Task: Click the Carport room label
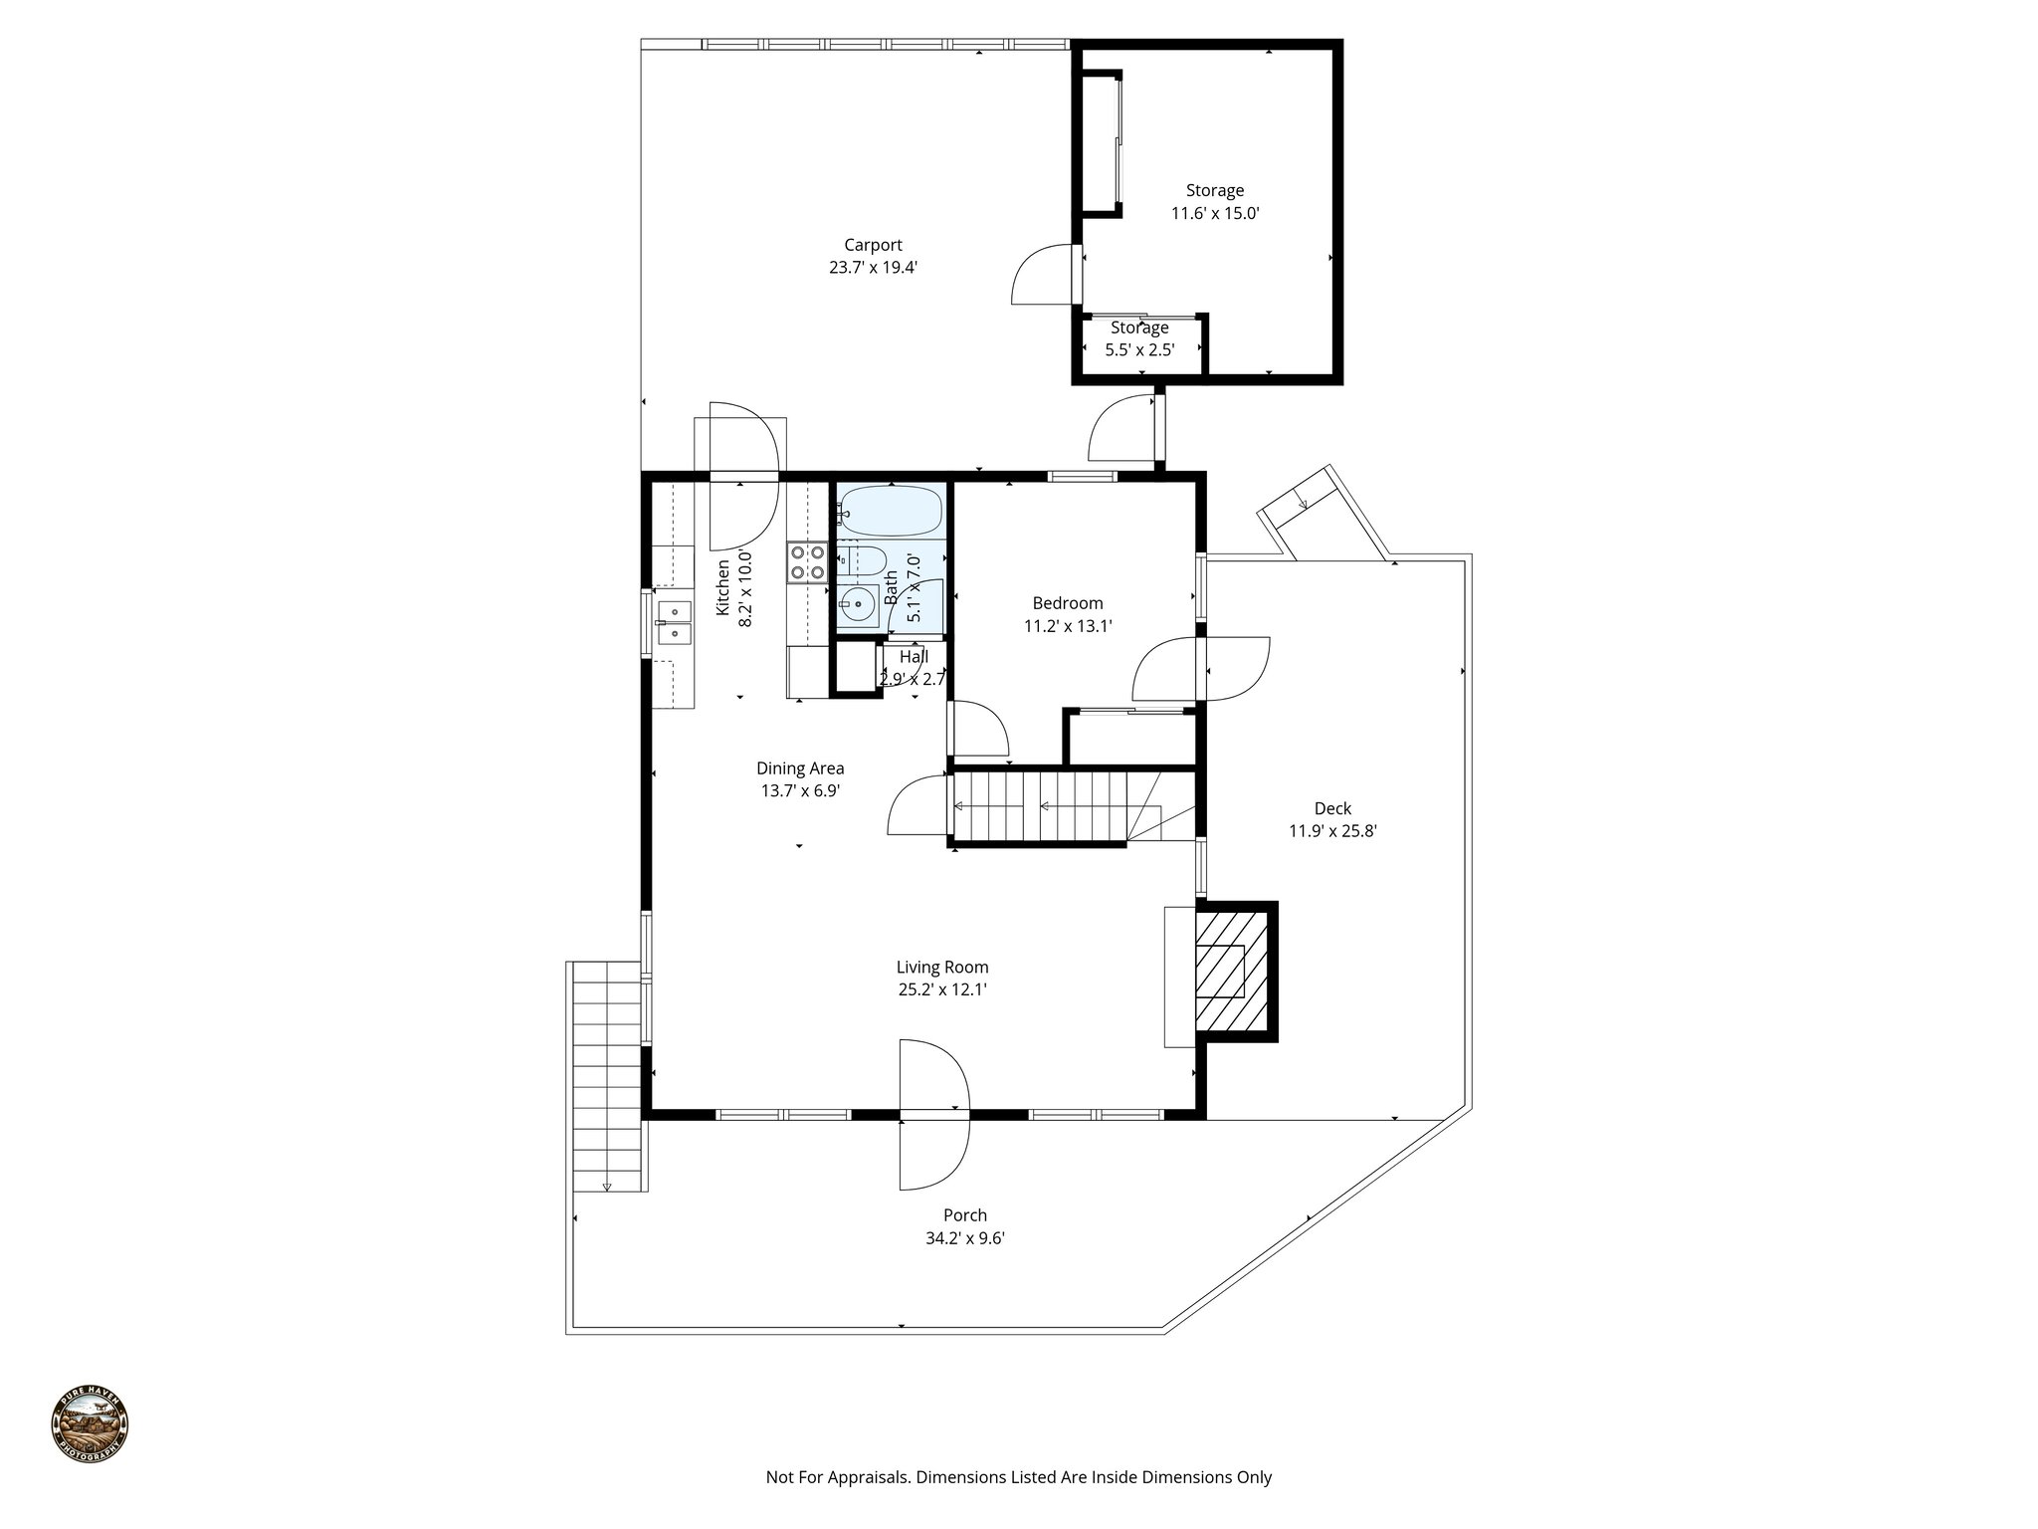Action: (x=873, y=245)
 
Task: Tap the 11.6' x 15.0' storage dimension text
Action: (x=1215, y=213)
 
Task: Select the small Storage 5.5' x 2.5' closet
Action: (x=1139, y=339)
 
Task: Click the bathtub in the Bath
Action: (x=889, y=511)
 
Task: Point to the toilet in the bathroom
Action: (x=862, y=562)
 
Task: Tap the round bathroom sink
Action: (x=856, y=604)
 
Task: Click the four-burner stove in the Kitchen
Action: (x=807, y=561)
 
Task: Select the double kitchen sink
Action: (x=674, y=622)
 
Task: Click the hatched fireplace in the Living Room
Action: (x=1232, y=972)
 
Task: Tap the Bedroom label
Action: (x=1067, y=603)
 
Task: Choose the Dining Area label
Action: (x=800, y=768)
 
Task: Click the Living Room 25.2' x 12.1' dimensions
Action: (x=941, y=990)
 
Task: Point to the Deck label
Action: (x=1332, y=808)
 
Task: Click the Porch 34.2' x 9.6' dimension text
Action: (x=964, y=1239)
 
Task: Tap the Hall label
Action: (x=914, y=658)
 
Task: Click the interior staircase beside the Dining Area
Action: (x=1040, y=807)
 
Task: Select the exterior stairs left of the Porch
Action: (x=606, y=1075)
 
